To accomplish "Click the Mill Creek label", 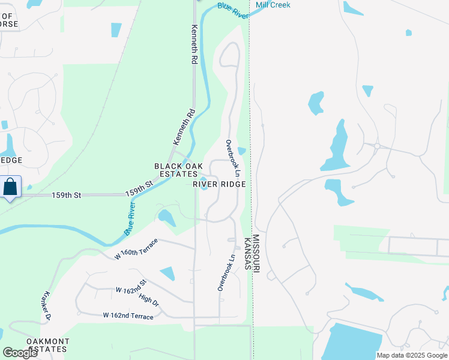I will point(273,5).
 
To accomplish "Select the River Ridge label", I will point(219,184).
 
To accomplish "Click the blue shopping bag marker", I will point(10,187).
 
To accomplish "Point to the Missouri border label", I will point(256,255).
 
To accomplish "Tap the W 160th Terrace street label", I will point(136,249).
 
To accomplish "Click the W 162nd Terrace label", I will point(128,316).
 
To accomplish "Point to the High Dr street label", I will point(149,299).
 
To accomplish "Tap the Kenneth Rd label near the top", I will point(194,44).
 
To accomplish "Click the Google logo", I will point(20,353).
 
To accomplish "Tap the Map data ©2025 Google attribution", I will point(412,355).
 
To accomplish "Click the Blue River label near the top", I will point(233,10).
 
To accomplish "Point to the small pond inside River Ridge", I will point(203,184).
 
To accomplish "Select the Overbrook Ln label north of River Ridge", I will point(233,158).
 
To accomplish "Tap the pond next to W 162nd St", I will point(167,273).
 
